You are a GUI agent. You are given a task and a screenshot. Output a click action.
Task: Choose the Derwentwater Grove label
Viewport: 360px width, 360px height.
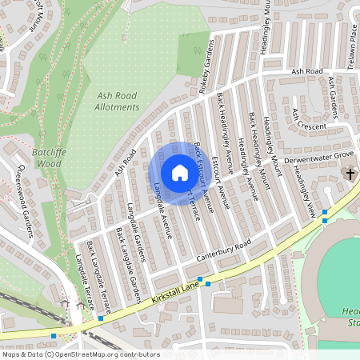coord(319,156)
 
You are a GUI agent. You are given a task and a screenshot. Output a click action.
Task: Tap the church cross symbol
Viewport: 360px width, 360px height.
coord(349,173)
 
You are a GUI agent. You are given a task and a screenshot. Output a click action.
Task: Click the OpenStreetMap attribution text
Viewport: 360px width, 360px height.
coord(80,354)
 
